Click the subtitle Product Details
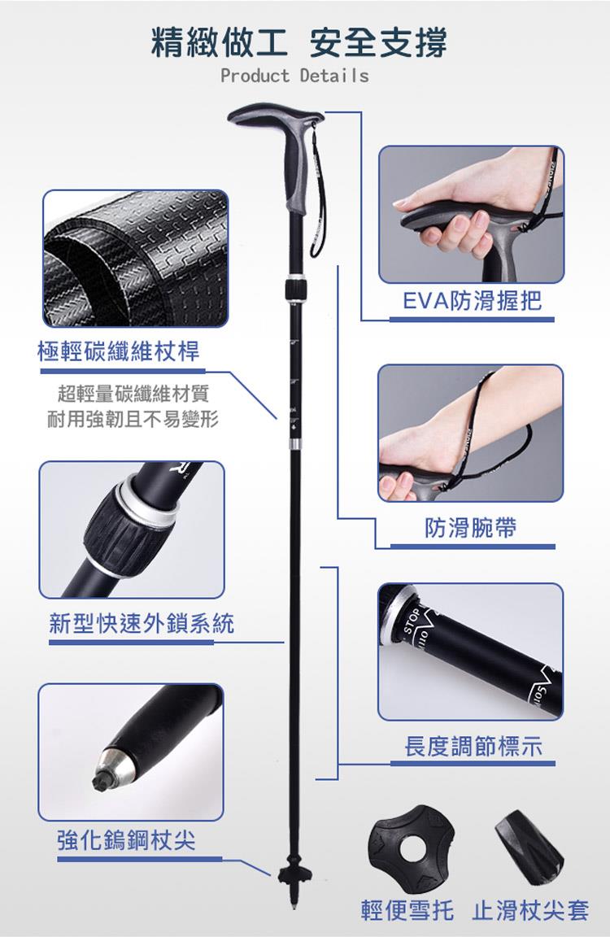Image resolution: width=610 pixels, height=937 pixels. (294, 76)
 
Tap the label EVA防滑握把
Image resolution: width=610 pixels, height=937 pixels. (472, 300)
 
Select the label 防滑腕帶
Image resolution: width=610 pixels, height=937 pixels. (470, 528)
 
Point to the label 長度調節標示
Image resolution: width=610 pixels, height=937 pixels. (473, 747)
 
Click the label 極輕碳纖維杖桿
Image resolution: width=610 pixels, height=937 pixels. (118, 351)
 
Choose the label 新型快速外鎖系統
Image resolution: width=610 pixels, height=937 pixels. (142, 623)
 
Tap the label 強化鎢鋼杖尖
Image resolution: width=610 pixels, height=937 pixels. (126, 840)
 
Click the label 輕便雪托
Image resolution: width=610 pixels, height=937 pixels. (407, 910)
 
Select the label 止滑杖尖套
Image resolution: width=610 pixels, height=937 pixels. (530, 910)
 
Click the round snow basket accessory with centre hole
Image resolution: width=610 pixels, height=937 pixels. (411, 845)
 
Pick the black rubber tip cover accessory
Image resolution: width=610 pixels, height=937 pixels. (529, 848)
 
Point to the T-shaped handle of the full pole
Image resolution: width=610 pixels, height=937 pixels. (280, 155)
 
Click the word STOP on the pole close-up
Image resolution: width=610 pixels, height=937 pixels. (412, 621)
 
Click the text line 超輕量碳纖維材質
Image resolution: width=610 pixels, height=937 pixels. (133, 394)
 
